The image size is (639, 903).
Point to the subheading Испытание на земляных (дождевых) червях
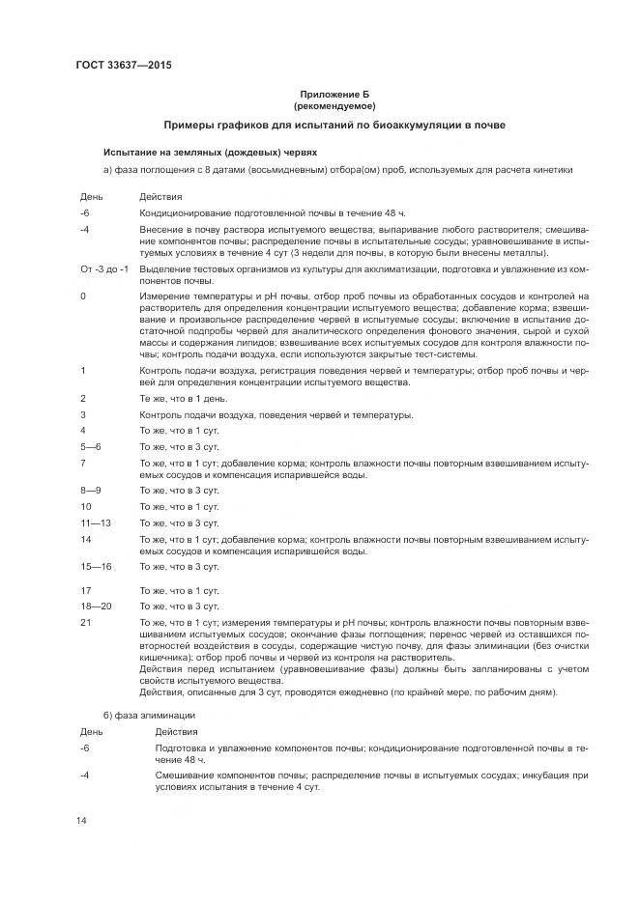pyautogui.click(x=210, y=152)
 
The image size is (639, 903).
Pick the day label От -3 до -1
pyautogui.click(x=104, y=266)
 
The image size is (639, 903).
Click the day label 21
pyautogui.click(x=86, y=622)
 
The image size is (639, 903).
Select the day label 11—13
pyautogui.click(x=97, y=522)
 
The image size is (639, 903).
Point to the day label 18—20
pyautogui.click(x=97, y=606)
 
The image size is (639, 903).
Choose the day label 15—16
pyautogui.click(x=97, y=566)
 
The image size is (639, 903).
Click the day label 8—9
pyautogui.click(x=92, y=490)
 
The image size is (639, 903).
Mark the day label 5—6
pyautogui.click(x=91, y=446)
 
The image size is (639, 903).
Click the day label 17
pyautogui.click(x=86, y=590)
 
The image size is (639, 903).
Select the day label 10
pyautogui.click(x=86, y=506)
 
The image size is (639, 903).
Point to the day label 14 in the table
pyautogui.click(x=86, y=539)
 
